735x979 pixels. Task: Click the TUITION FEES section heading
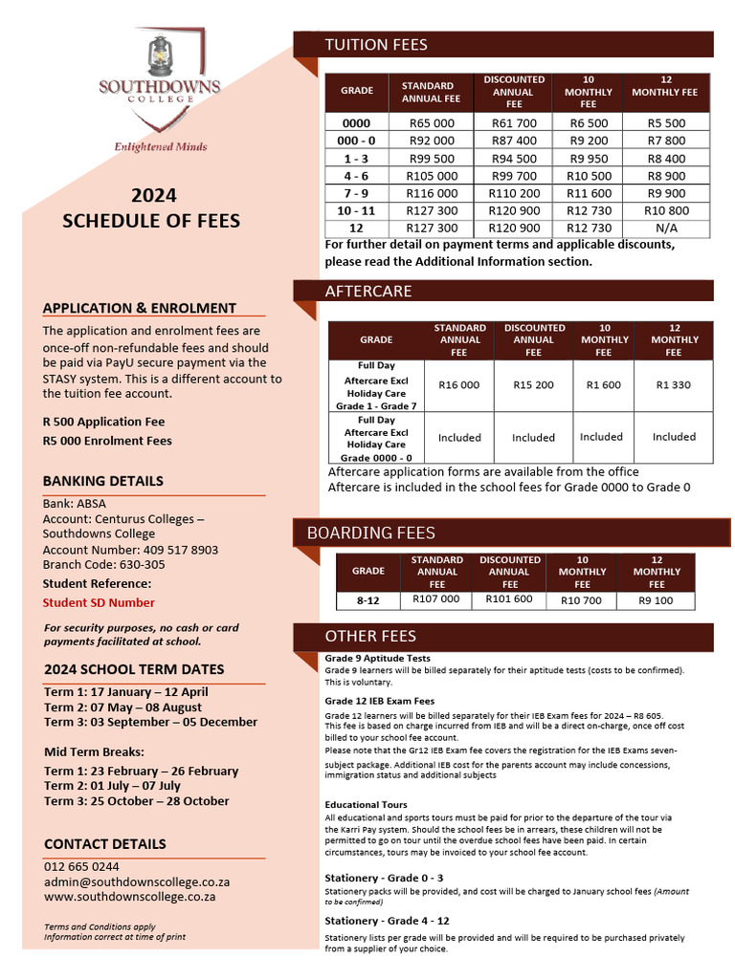[376, 44]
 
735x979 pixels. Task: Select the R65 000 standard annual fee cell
[433, 123]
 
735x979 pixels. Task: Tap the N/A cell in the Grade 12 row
[666, 228]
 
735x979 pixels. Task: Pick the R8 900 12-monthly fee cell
[666, 176]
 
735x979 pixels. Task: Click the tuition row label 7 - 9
[356, 193]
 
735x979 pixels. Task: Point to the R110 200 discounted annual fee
[514, 193]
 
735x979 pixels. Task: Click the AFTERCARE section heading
[368, 291]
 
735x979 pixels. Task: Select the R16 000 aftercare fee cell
[459, 385]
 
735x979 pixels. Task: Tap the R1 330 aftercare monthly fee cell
[674, 385]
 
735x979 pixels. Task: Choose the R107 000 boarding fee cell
[436, 599]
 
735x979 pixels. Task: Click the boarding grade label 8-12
[367, 600]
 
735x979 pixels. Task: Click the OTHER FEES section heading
[370, 636]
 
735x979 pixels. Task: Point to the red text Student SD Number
[99, 602]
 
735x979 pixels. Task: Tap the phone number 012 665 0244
[81, 866]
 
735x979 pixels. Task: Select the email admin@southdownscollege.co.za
[137, 881]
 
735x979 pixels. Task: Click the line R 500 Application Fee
[103, 422]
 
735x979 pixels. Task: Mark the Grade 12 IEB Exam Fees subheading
[379, 701]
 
